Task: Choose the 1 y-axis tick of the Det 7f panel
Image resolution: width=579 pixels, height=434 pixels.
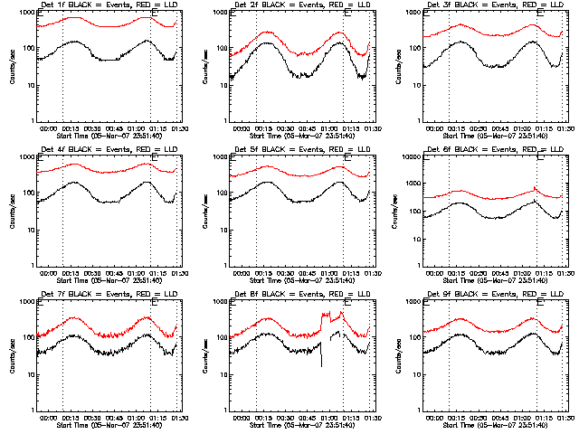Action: pos(33,410)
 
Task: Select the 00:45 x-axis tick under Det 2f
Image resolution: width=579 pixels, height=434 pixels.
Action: pos(307,128)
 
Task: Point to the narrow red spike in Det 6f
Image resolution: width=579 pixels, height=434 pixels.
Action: pos(535,188)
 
